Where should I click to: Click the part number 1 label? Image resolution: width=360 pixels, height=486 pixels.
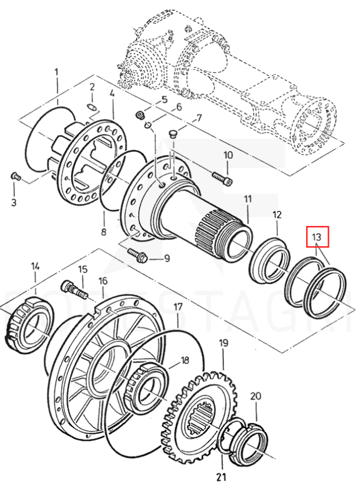[x=57, y=72]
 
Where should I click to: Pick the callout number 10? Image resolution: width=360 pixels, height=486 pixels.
[x=228, y=155]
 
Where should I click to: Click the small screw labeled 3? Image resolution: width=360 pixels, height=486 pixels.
[x=16, y=176]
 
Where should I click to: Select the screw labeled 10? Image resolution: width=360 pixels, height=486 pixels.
[x=221, y=178]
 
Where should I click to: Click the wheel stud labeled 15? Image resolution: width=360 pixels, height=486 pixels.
[x=74, y=288]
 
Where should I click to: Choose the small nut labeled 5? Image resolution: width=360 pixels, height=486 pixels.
[x=140, y=115]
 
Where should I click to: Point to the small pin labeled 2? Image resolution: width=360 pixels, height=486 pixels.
[x=93, y=107]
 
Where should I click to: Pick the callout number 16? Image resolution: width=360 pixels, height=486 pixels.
[x=103, y=281]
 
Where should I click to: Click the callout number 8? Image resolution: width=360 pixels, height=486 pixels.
[x=104, y=233]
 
